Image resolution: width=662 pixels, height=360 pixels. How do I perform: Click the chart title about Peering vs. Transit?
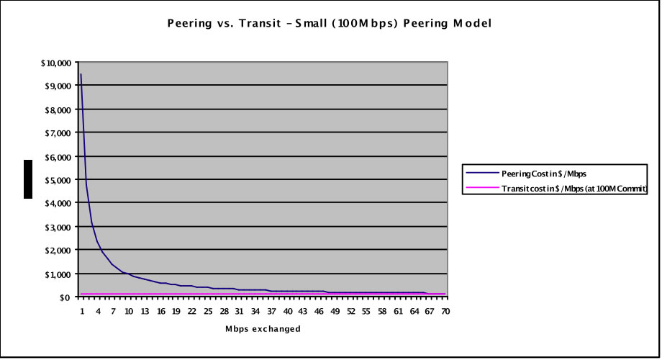tap(329, 23)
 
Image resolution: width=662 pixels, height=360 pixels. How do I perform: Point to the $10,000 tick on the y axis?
tap(55, 63)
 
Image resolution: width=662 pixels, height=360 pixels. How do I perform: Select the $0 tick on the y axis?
tap(65, 297)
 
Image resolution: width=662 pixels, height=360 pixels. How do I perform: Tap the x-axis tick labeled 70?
tap(445, 311)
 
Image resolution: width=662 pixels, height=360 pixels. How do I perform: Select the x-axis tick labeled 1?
tap(82, 311)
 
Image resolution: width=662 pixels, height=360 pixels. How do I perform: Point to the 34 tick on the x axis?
tap(256, 311)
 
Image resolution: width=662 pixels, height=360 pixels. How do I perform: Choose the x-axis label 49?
tap(335, 311)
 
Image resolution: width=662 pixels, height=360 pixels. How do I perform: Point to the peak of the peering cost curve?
tap(81, 74)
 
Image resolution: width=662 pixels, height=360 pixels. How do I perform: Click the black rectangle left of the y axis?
tap(28, 179)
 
